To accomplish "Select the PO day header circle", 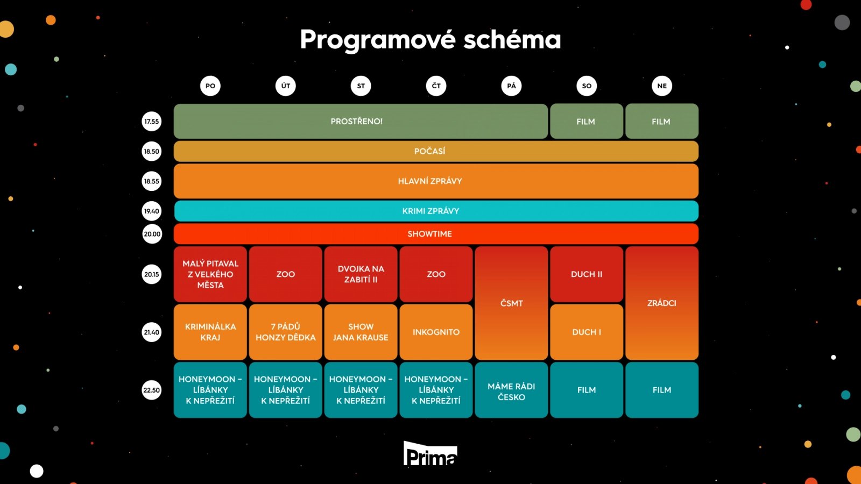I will pos(210,86).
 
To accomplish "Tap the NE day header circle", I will pos(662,86).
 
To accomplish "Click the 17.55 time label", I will pos(152,122).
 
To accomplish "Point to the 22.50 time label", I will pos(152,390).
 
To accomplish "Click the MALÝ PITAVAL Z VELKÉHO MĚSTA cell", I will pos(210,274).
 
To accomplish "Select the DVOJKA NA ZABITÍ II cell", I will pos(361,274).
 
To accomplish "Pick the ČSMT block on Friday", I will pos(511,303).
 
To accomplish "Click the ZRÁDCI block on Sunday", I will pos(662,303).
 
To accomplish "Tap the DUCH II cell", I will pos(587,274).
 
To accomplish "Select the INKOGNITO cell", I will pos(436,332).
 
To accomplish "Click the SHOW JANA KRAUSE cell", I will pos(361,332).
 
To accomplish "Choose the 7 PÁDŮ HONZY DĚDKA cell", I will pos(286,332).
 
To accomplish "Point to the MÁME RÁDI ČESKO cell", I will pos(511,391).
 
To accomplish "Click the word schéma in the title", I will pos(512,40).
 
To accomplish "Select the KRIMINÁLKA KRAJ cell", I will pos(210,332).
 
